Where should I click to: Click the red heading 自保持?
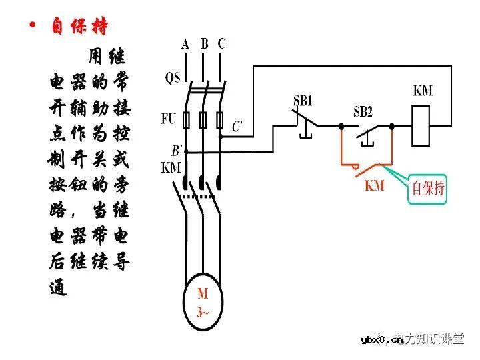coord(80,27)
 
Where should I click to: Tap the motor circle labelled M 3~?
coord(203,302)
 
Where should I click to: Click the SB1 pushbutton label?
coord(303,101)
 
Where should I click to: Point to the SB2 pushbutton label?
coord(363,111)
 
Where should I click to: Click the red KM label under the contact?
coord(375,186)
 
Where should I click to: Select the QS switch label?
coord(173,79)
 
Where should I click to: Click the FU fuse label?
coord(169,119)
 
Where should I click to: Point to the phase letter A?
coord(185,44)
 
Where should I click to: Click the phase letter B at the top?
coord(205,44)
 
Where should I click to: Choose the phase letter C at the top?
coord(222,44)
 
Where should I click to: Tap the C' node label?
coord(237,125)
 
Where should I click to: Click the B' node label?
coord(177,151)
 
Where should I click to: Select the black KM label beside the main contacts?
coord(171,168)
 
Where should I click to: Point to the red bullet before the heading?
coord(32,26)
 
